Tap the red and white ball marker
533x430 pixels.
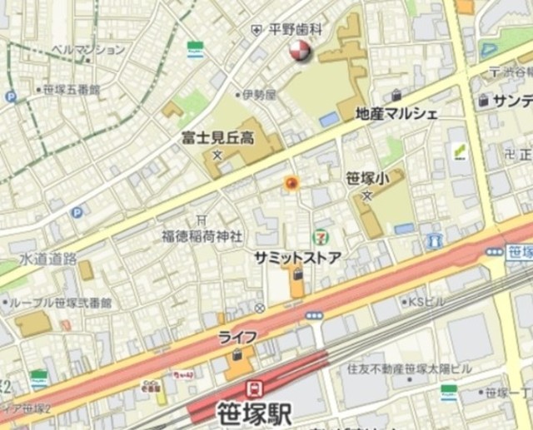click(x=298, y=52)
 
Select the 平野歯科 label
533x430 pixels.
click(x=296, y=29)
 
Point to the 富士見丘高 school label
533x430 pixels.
click(x=218, y=136)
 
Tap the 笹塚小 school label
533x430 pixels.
click(x=367, y=177)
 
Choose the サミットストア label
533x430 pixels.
click(x=297, y=258)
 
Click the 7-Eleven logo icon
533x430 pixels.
click(x=320, y=237)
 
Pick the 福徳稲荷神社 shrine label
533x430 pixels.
click(x=202, y=236)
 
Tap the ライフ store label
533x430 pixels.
click(x=237, y=337)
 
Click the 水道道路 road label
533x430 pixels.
click(x=48, y=259)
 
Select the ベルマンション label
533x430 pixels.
click(x=87, y=50)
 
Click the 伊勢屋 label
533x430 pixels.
click(x=258, y=95)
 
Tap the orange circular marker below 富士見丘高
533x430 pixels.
click(x=291, y=183)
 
